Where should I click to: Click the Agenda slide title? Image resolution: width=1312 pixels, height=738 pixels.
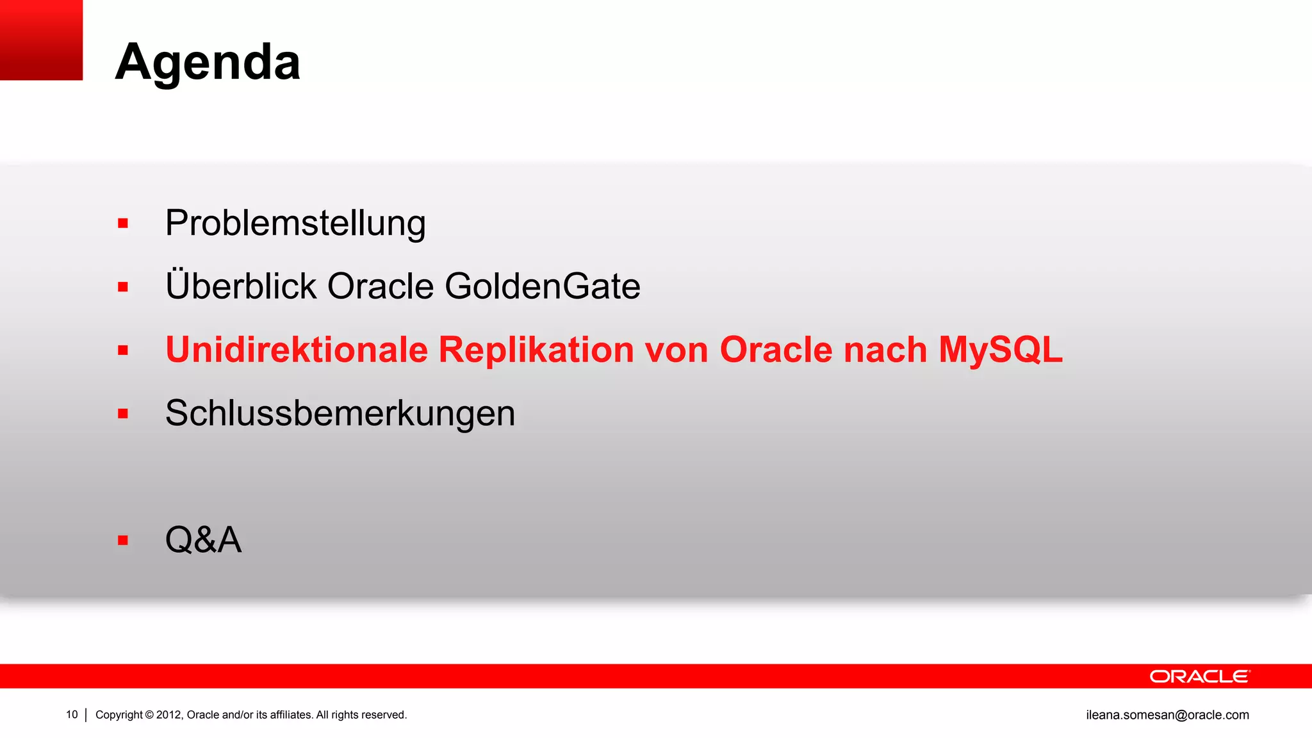click(x=208, y=62)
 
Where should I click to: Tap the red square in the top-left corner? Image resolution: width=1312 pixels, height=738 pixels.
click(x=41, y=40)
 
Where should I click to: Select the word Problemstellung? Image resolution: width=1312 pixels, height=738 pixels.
click(x=295, y=224)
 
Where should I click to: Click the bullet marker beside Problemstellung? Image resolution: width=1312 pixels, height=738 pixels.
click(x=123, y=224)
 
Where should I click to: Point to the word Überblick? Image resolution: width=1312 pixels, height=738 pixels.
click(x=241, y=286)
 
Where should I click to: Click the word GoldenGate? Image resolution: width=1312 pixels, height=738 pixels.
click(x=542, y=286)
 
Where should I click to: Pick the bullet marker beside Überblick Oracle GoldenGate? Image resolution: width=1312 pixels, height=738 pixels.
click(x=123, y=287)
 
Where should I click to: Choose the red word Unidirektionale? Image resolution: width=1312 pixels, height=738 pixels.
click(x=297, y=350)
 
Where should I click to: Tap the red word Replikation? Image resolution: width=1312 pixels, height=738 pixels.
click(x=536, y=350)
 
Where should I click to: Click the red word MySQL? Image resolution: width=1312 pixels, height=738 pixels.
click(x=1000, y=350)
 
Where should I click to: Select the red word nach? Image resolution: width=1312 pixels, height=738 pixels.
click(x=885, y=350)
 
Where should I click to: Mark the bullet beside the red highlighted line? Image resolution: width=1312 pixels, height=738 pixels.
click(x=123, y=350)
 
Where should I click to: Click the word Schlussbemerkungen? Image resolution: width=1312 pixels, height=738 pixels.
click(x=340, y=413)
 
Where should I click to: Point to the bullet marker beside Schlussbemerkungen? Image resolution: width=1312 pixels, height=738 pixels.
click(x=123, y=414)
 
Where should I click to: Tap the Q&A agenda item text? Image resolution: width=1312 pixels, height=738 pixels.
click(x=203, y=539)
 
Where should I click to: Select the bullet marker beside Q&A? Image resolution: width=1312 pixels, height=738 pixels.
click(x=123, y=540)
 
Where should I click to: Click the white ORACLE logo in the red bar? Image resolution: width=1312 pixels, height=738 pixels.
click(x=1199, y=676)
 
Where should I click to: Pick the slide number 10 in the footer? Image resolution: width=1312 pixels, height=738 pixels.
click(x=72, y=714)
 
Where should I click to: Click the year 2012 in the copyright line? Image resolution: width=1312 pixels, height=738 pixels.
click(x=169, y=715)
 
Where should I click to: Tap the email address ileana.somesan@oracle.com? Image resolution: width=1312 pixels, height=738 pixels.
click(x=1167, y=715)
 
